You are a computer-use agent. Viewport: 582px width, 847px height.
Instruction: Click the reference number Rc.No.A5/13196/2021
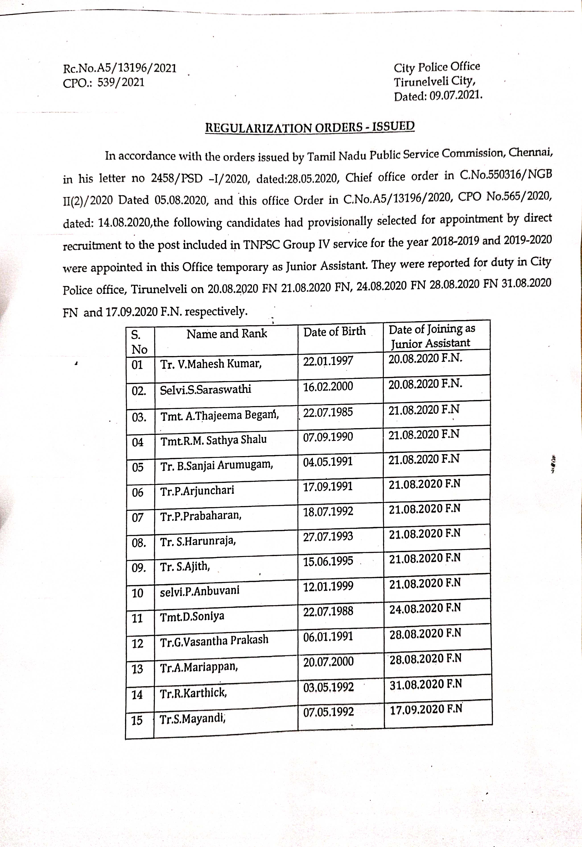tap(120, 68)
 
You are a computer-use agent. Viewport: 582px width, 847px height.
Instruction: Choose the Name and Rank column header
tap(227, 334)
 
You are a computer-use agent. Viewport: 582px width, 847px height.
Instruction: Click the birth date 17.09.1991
tap(328, 486)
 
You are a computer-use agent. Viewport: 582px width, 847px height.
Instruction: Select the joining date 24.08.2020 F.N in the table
tap(425, 608)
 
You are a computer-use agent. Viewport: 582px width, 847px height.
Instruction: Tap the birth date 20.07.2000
tap(328, 661)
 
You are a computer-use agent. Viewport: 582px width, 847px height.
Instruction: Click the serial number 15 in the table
tap(137, 720)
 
